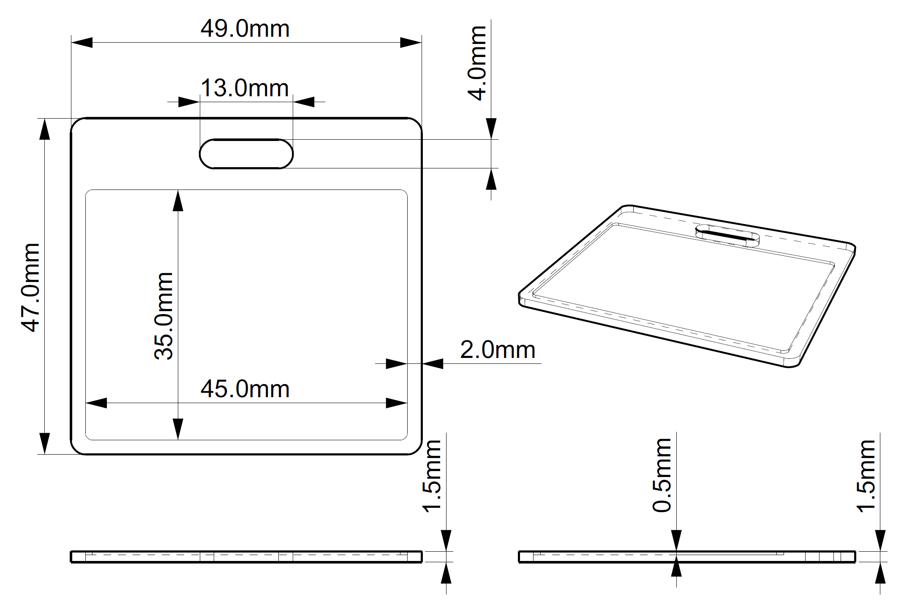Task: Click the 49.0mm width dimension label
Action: (x=245, y=29)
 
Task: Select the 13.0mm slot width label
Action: (x=245, y=89)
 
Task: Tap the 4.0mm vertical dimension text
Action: (x=477, y=63)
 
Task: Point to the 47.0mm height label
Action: (x=30, y=288)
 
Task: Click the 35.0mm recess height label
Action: (x=164, y=316)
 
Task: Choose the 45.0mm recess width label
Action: (x=245, y=389)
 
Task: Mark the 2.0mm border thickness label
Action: (x=498, y=350)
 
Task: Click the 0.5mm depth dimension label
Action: (x=662, y=475)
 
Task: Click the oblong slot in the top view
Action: (x=246, y=154)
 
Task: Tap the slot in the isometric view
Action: (x=727, y=236)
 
